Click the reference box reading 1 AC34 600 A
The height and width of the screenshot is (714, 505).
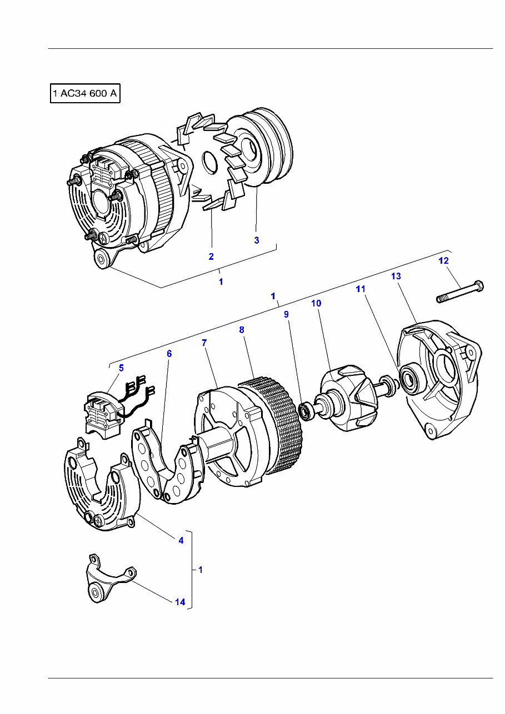(85, 94)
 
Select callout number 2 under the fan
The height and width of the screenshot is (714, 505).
(211, 257)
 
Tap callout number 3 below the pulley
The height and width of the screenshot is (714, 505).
(256, 240)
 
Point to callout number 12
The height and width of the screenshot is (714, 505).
(443, 260)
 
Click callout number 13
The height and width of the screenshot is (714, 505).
(396, 276)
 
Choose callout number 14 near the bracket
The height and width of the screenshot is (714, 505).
(180, 602)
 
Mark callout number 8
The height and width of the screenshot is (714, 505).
(242, 330)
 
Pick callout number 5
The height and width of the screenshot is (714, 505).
(121, 367)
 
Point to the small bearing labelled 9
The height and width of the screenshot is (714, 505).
(306, 411)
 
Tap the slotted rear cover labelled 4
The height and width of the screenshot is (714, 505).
(97, 489)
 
